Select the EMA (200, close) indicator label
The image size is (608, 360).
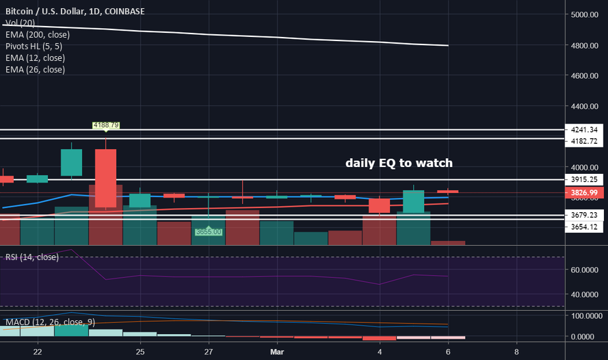point(36,34)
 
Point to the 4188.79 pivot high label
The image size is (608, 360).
point(106,125)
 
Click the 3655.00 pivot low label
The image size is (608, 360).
point(209,232)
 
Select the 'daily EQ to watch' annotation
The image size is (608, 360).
point(399,163)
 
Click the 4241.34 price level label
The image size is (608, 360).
point(585,129)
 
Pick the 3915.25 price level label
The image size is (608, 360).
point(585,179)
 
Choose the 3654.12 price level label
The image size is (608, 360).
point(585,227)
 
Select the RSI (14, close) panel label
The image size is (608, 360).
point(32,257)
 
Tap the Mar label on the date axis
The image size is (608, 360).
point(277,350)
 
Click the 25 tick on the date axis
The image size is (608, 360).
point(140,350)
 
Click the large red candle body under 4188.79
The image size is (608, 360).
point(105,178)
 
